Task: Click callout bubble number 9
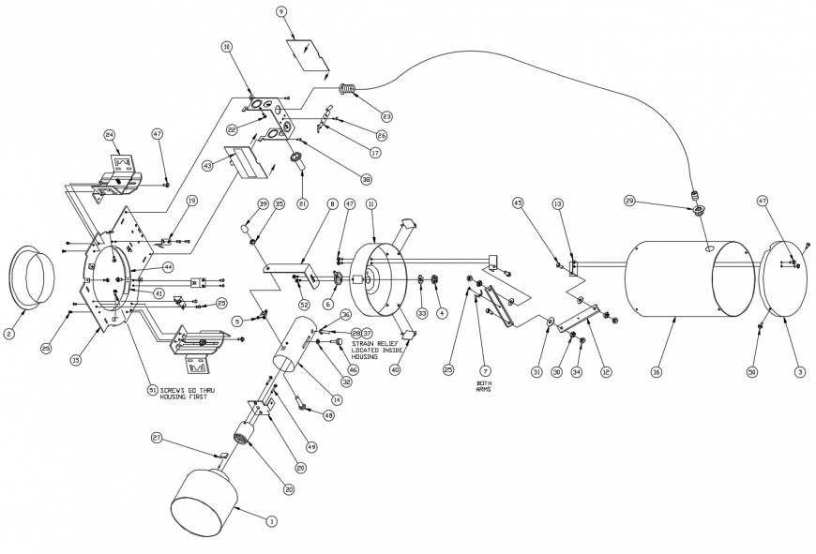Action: click(281, 11)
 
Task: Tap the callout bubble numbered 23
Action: click(386, 117)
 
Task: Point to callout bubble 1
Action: click(272, 520)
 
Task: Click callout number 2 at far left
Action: click(8, 333)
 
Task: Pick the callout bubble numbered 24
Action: click(110, 134)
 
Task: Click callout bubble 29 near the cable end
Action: click(629, 202)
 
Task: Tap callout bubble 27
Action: click(157, 437)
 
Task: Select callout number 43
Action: click(206, 166)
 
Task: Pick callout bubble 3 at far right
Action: click(799, 372)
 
